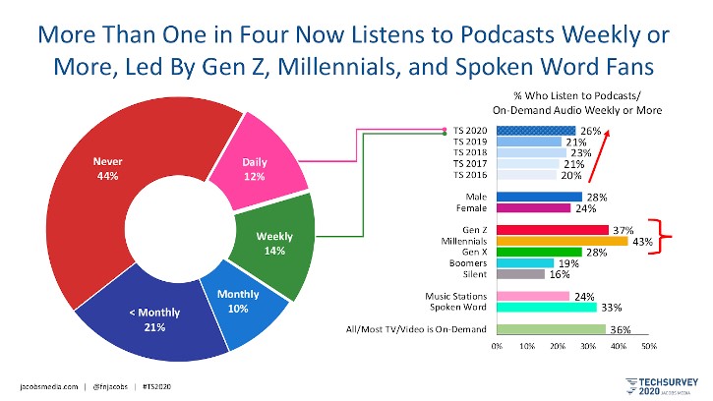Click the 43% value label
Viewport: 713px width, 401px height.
(641, 242)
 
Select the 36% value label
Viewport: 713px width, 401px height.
(620, 330)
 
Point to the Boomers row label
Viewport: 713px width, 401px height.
(468, 263)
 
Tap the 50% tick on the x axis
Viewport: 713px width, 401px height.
(649, 347)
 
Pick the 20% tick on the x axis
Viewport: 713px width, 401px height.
(558, 347)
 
